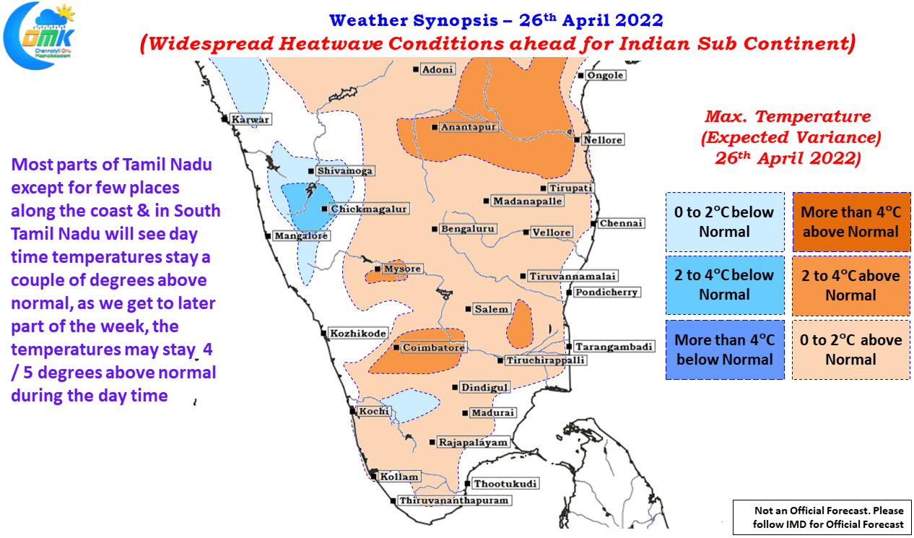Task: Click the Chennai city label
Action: [621, 223]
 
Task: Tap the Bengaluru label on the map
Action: [468, 229]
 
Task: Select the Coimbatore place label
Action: [434, 347]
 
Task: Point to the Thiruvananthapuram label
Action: [454, 500]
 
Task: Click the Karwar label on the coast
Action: [251, 120]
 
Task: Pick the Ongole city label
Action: [606, 75]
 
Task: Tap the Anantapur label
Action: [469, 127]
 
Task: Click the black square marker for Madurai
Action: [465, 413]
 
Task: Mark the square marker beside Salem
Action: [468, 309]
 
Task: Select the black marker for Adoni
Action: [415, 69]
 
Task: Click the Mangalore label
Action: [301, 236]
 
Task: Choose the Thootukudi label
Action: [505, 484]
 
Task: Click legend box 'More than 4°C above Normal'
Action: [851, 222]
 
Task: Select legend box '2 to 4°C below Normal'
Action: [725, 285]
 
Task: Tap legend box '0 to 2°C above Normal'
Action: [851, 350]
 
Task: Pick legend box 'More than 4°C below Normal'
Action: [725, 350]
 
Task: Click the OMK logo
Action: [39, 36]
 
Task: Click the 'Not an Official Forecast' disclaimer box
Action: [822, 517]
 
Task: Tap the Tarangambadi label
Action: [614, 347]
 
